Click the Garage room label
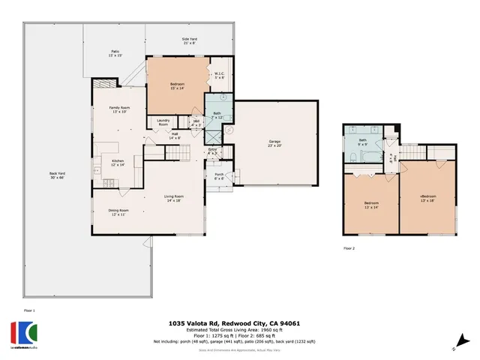(274, 143)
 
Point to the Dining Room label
(118, 212)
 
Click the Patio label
(115, 53)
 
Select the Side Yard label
(189, 40)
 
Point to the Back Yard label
(58, 176)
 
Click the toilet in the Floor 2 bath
(352, 157)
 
